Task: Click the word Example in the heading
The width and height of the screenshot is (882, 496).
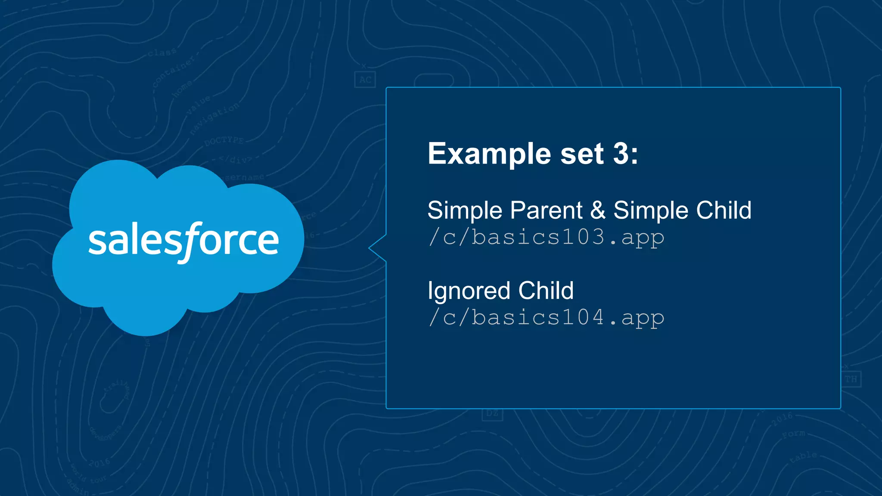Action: click(x=489, y=154)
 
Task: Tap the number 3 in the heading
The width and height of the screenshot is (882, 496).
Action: click(x=621, y=154)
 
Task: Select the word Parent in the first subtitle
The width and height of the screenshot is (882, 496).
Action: click(x=546, y=211)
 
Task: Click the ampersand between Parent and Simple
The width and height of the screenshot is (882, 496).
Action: click(x=598, y=211)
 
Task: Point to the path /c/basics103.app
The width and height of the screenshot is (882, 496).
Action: click(x=546, y=237)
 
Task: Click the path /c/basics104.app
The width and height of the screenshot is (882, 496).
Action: click(x=546, y=318)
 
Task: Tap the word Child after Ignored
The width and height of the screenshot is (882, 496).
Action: click(x=546, y=291)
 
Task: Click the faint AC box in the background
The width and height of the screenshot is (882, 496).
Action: click(x=365, y=80)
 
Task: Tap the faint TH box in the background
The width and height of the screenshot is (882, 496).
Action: click(x=851, y=379)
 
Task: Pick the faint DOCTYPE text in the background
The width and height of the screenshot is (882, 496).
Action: click(x=224, y=141)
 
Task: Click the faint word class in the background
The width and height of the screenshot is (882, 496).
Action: click(x=161, y=53)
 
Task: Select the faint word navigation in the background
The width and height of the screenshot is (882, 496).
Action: click(x=214, y=118)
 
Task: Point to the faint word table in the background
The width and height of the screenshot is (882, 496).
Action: click(x=804, y=457)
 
